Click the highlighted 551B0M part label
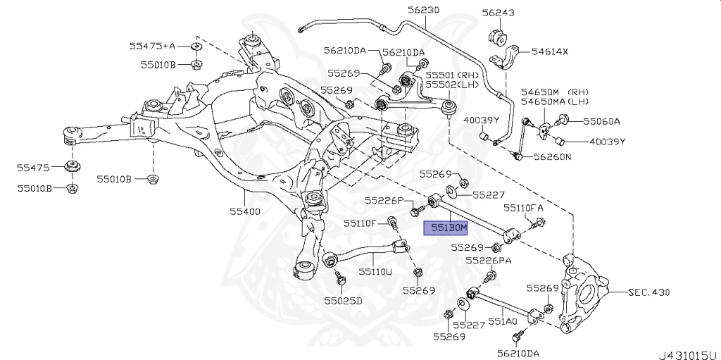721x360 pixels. [x=444, y=228]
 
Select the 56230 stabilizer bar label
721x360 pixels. [x=422, y=10]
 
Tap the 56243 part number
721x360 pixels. [x=499, y=13]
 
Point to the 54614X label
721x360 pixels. [x=549, y=52]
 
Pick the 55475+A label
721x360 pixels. [x=151, y=46]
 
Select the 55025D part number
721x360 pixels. [x=343, y=300]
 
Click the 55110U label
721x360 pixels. [x=374, y=271]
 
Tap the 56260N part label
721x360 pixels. [x=552, y=157]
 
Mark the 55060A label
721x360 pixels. [x=601, y=121]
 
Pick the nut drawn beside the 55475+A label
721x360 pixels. [x=196, y=48]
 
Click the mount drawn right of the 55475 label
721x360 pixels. [x=71, y=168]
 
